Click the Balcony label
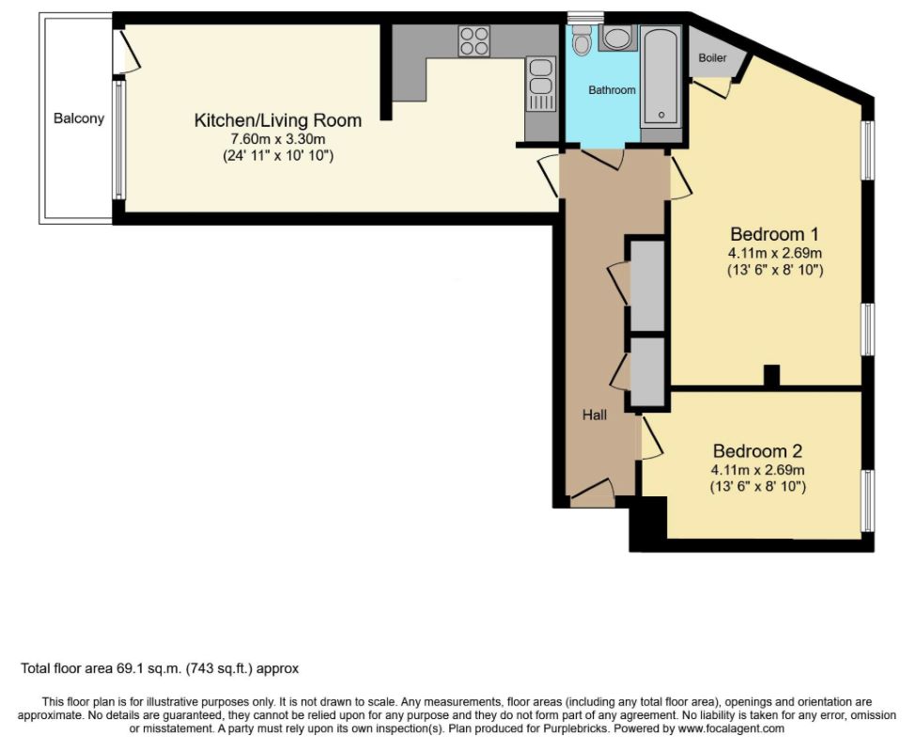coord(79,118)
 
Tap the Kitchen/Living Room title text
coord(278,120)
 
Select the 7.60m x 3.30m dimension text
coord(278,139)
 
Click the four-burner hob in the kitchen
coord(474,41)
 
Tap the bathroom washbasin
coord(614,39)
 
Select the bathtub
coord(660,76)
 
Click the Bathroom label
coord(612,90)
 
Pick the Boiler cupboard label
coord(713,58)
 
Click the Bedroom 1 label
coord(775,234)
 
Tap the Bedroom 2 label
coord(757,451)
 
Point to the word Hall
coord(595,415)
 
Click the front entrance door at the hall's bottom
coord(593,494)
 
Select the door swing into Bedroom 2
coord(651,437)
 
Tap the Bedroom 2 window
coord(869,500)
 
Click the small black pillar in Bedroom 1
coord(771,375)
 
